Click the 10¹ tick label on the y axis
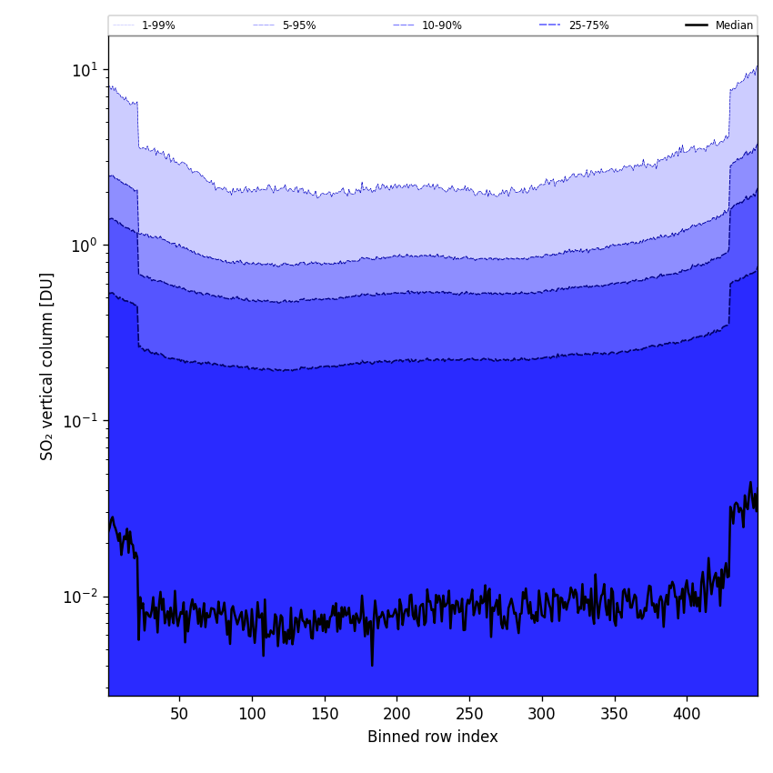pos(84,69)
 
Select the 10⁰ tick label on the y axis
pos(84,245)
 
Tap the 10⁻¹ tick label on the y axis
pos(81,420)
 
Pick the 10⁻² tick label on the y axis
pos(81,596)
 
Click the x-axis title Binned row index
pos(432,737)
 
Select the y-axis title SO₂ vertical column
pos(47,366)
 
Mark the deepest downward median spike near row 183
pos(372,665)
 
